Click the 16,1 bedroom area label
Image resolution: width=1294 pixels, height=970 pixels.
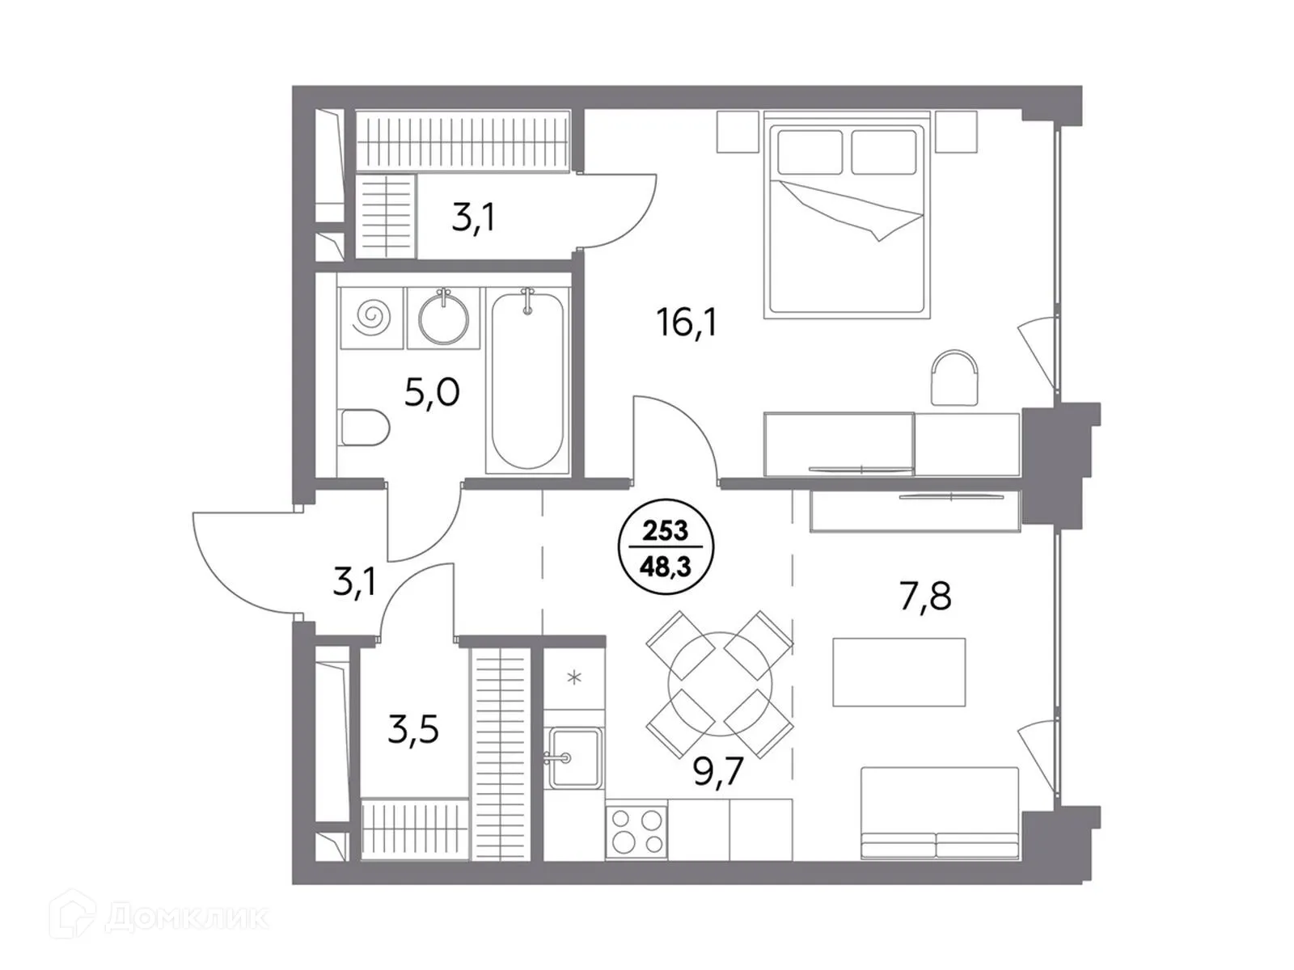[x=687, y=323]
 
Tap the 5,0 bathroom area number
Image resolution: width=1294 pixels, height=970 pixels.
[x=432, y=393]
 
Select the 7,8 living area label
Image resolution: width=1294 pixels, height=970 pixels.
[x=925, y=597]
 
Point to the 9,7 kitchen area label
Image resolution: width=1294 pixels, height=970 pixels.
[x=719, y=772]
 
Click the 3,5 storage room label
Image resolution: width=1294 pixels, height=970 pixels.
[x=413, y=730]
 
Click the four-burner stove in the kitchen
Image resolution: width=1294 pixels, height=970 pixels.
[x=636, y=831]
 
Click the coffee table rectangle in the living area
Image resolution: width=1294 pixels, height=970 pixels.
[x=899, y=672]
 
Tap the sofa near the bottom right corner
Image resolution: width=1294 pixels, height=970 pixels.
[x=939, y=812]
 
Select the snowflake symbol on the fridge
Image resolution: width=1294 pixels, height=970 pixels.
[x=574, y=677]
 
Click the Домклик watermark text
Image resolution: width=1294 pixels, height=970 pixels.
[x=186, y=917]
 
